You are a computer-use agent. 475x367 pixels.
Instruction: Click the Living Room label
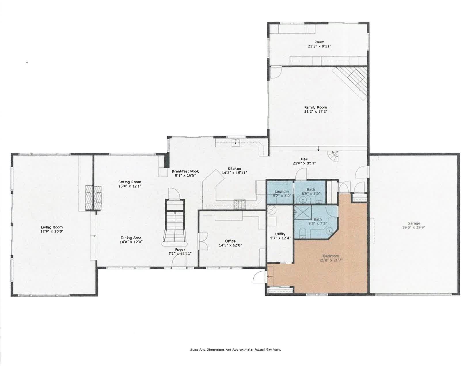point(52,227)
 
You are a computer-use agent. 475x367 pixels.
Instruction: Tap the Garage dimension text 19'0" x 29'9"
point(414,227)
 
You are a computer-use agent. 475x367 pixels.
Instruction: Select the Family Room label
point(316,107)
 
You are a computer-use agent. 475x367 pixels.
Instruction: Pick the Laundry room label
point(282,191)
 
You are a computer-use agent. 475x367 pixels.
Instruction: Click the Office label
point(230,241)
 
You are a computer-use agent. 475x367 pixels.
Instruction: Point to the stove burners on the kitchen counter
point(240,204)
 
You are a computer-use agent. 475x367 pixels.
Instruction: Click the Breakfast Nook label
point(185,171)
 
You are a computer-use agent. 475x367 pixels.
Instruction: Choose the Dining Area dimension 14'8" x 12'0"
point(131,242)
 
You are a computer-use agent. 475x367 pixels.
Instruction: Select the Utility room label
point(280,234)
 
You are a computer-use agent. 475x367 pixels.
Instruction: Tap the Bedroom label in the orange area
point(331,256)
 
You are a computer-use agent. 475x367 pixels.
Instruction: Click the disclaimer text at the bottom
point(235,349)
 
